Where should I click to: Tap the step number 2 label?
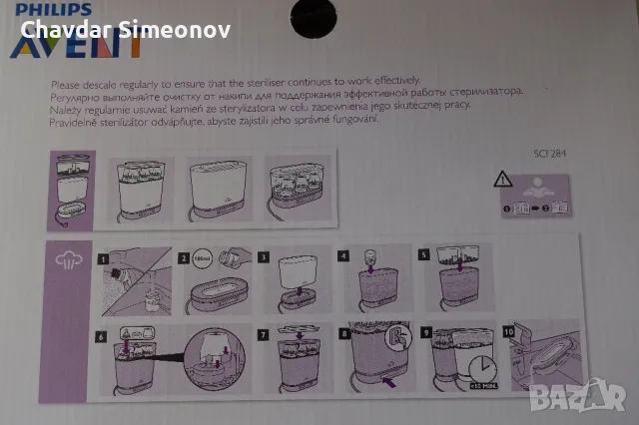tap(184, 257)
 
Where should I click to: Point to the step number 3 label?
tap(264, 257)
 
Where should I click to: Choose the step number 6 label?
tap(101, 335)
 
